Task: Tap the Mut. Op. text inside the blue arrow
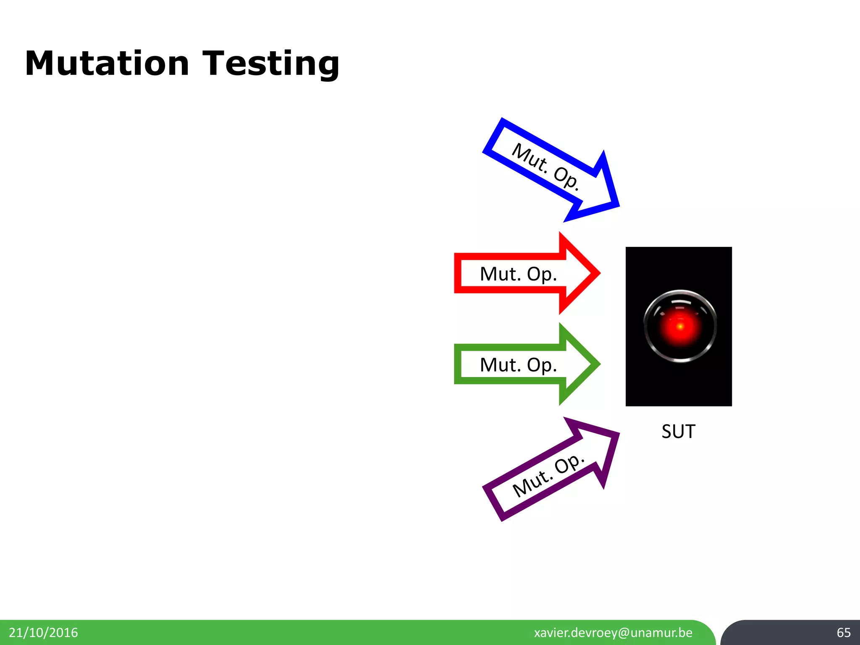[x=545, y=167]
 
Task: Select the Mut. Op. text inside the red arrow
[x=518, y=274]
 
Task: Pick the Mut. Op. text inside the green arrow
[x=518, y=364]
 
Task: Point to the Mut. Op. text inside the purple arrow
[x=548, y=475]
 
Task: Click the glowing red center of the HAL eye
[x=680, y=326]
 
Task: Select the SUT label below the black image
[x=678, y=431]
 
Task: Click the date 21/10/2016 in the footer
[x=43, y=632]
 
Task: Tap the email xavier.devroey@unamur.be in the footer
[x=613, y=632]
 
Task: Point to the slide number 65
[x=843, y=632]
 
